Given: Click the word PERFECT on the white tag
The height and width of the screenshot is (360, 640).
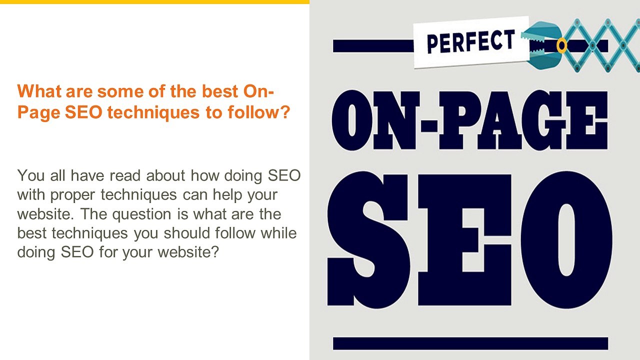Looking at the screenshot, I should tap(470, 42).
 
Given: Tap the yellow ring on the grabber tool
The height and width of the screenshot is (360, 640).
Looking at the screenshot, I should tap(562, 46).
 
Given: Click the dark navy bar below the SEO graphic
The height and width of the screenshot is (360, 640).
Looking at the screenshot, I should tap(470, 343).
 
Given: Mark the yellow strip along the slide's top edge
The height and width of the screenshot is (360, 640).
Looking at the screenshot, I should tap(154, 2).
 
